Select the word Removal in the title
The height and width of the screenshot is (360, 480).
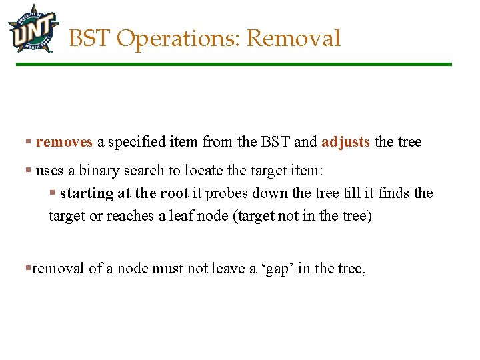[293, 39]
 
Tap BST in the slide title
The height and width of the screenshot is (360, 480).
[90, 39]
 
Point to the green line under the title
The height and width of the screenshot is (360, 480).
[233, 65]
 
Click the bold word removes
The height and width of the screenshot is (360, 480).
[64, 142]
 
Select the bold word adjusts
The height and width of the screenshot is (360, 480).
[345, 142]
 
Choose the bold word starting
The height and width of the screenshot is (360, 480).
[87, 193]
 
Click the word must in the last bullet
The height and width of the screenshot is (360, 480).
[167, 269]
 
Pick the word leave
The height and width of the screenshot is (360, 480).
[225, 269]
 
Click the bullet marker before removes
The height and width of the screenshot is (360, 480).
[28, 142]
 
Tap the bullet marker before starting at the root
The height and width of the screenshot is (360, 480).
[52, 193]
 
